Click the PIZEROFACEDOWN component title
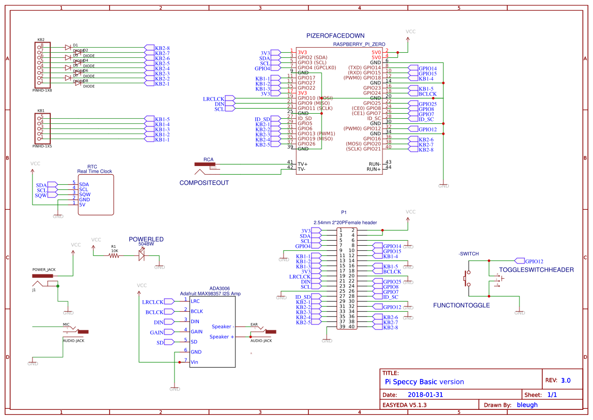pos(335,36)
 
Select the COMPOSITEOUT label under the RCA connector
pos(204,183)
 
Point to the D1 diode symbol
pos(67,47)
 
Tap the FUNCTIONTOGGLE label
pos(461,305)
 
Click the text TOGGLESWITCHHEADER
pos(536,270)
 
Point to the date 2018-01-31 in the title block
pos(425,395)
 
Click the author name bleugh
pos(527,405)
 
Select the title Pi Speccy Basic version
pos(424,382)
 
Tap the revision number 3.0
pos(565,380)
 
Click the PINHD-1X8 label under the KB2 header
pos(42,90)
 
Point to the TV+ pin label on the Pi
pos(302,164)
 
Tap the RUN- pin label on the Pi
pos(374,164)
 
